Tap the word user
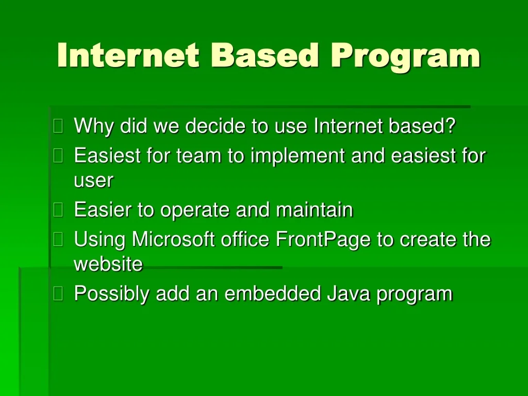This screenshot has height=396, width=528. pyautogui.click(x=93, y=181)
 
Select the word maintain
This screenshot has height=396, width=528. pyautogui.click(x=315, y=210)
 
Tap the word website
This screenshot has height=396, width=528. pyautogui.click(x=108, y=264)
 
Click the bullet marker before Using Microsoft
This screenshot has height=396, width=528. pyautogui.click(x=58, y=239)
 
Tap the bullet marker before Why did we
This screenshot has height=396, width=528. pyautogui.click(x=58, y=126)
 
